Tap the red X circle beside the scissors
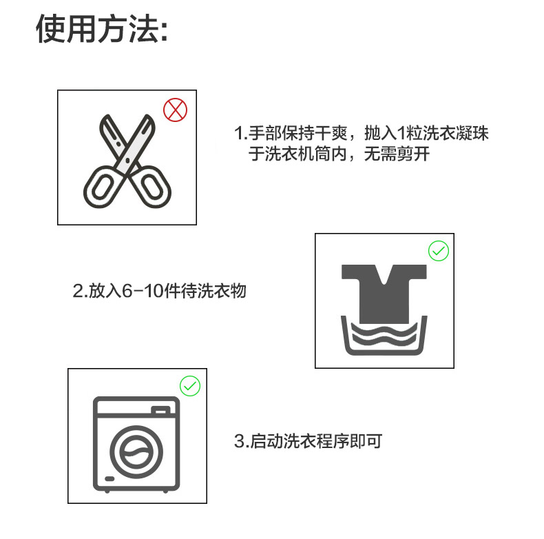point(175,110)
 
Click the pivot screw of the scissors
point(127,161)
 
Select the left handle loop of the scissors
point(101,187)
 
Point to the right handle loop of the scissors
point(153,187)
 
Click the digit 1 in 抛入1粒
point(401,133)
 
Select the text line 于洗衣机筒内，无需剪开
point(339,154)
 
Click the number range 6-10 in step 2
point(143,291)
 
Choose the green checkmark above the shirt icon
point(439,251)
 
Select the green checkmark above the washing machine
point(190,386)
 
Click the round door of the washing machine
point(136,451)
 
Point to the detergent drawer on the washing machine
point(160,410)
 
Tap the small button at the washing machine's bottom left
point(109,479)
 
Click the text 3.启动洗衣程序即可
point(308,441)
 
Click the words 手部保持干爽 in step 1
point(297,133)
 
